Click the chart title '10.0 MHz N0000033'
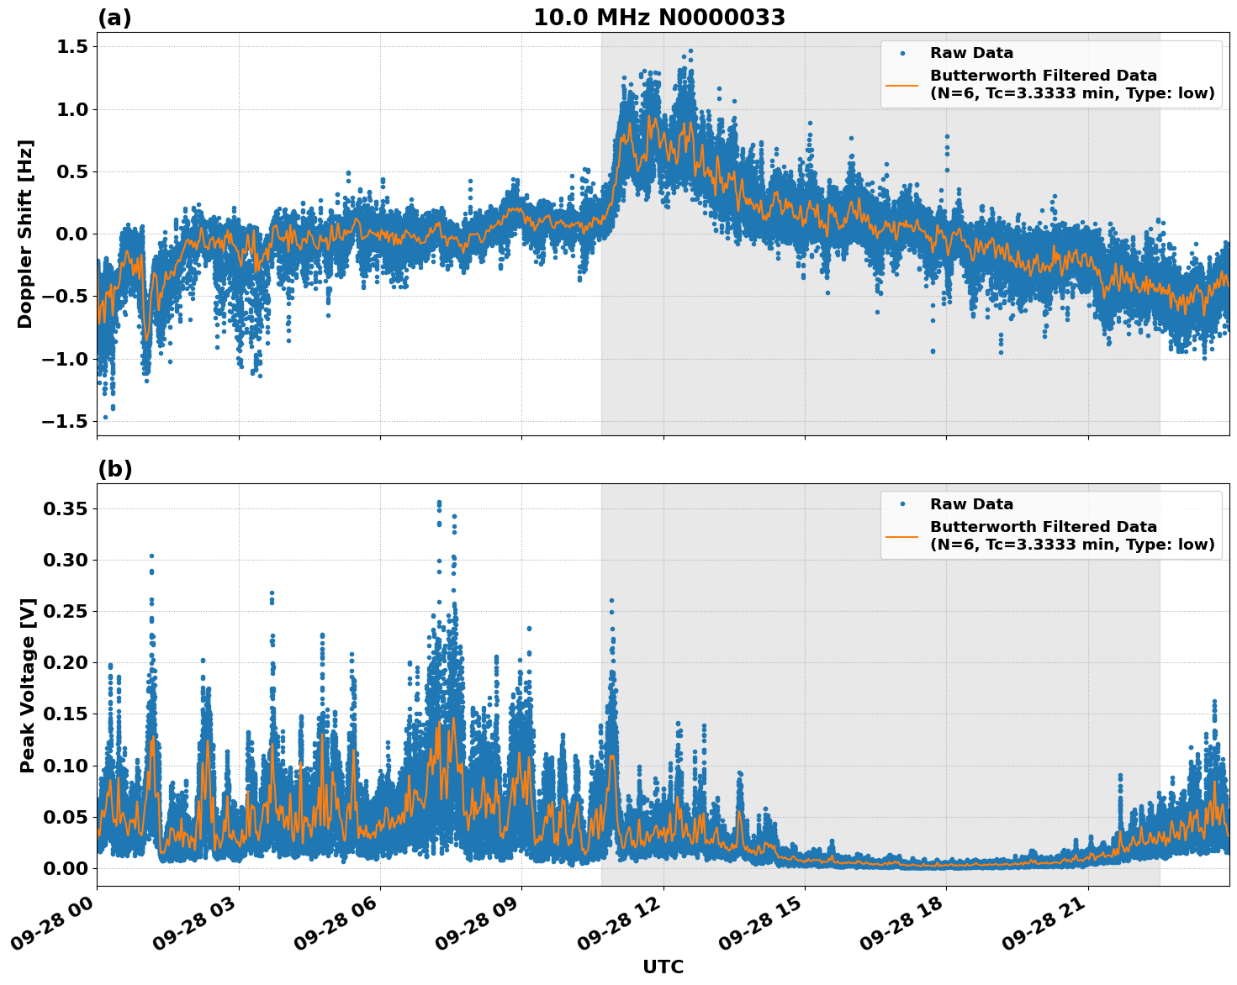click(x=659, y=18)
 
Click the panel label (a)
click(x=114, y=18)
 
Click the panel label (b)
click(x=114, y=469)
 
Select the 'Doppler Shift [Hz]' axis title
click(x=25, y=234)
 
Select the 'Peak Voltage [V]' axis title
click(x=28, y=685)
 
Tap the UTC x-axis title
click(x=663, y=967)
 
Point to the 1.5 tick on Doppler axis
click(x=71, y=47)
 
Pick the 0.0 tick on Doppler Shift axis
click(x=71, y=234)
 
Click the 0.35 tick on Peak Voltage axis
click(x=66, y=508)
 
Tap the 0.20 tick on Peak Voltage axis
click(x=66, y=662)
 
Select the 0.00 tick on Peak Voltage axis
click(x=66, y=867)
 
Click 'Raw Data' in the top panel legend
click(x=971, y=53)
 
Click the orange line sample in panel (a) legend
click(x=902, y=85)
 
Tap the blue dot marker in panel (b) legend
click(x=902, y=504)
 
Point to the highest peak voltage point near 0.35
click(x=439, y=503)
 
